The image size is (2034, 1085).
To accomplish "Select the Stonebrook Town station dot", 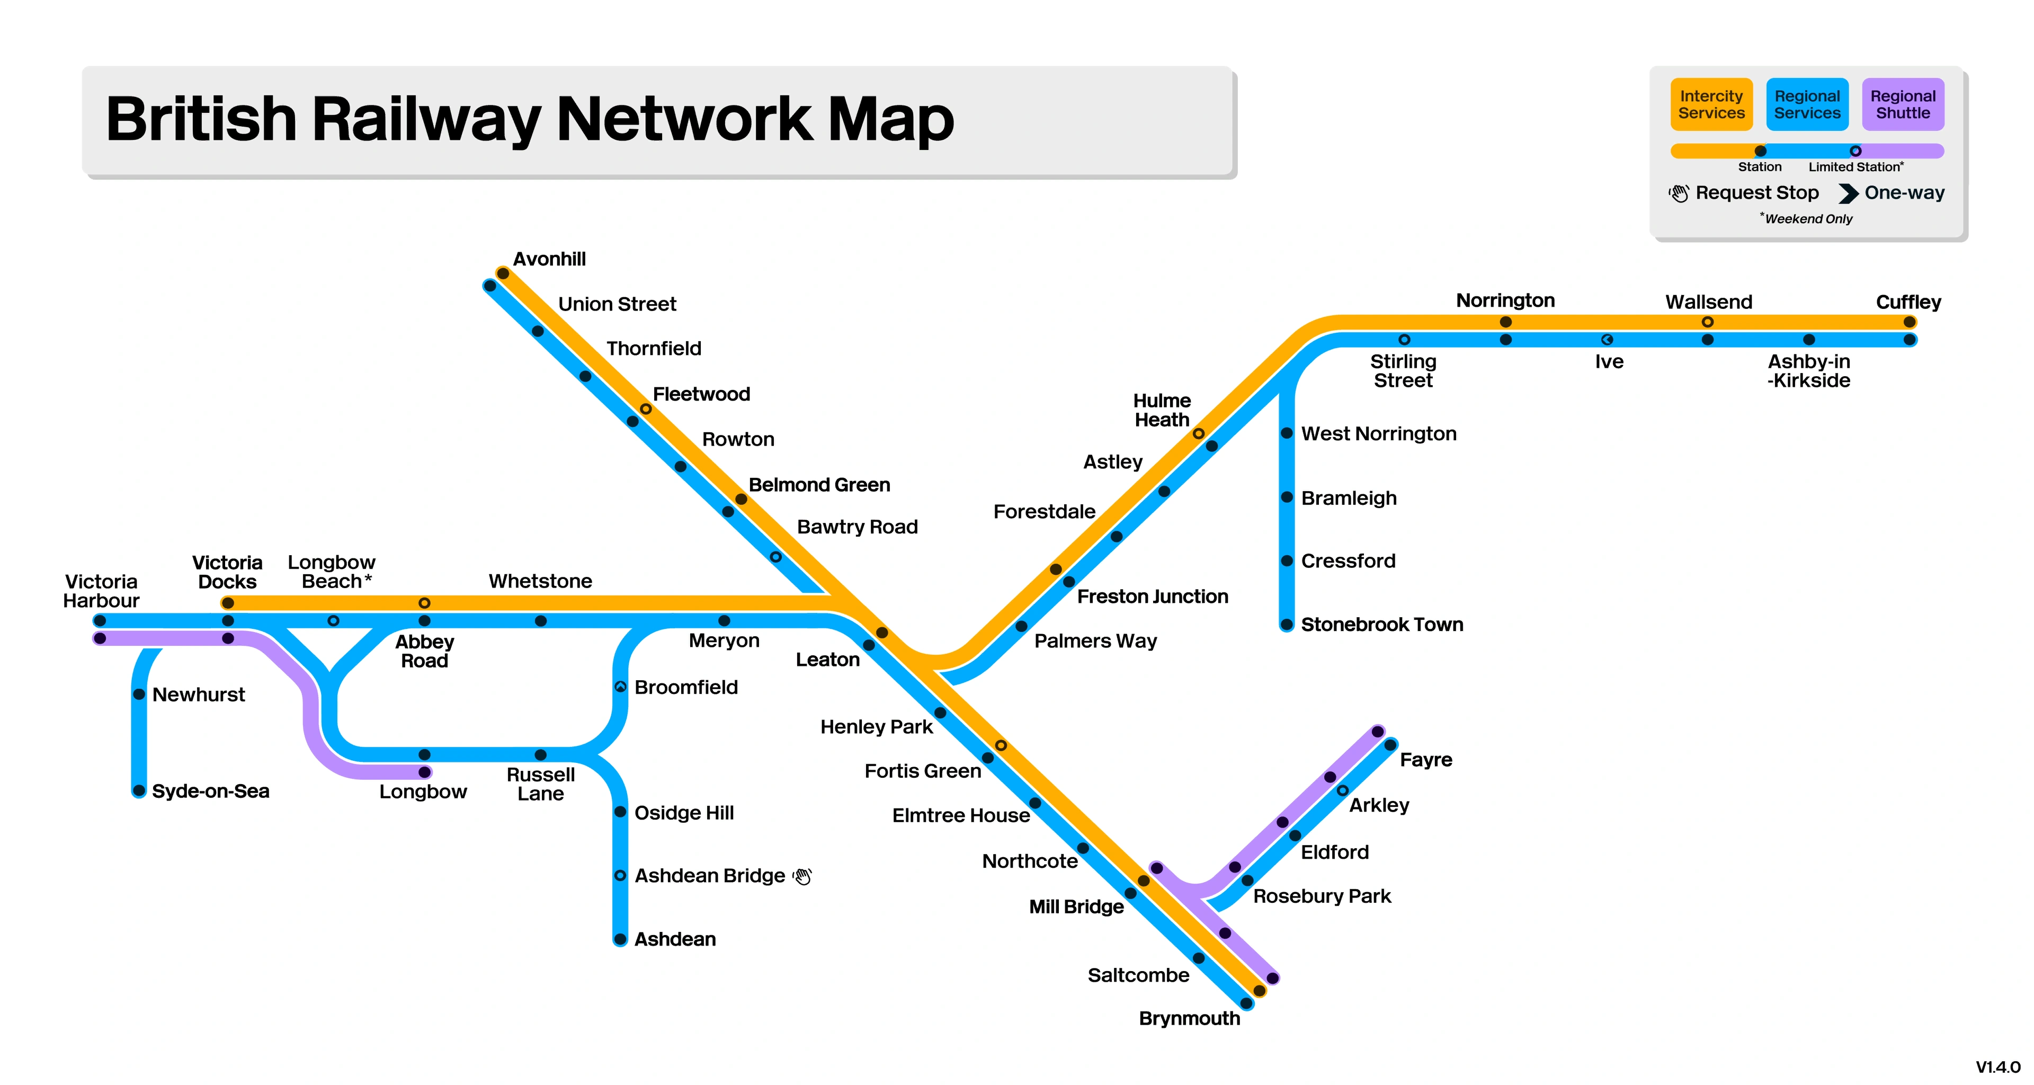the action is point(1286,625).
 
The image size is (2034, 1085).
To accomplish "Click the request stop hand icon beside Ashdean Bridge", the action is point(802,876).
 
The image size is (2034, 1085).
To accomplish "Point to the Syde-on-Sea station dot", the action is point(139,790).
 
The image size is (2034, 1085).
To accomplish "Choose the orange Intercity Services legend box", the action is point(1711,104).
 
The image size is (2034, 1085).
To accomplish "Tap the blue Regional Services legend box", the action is point(1807,104).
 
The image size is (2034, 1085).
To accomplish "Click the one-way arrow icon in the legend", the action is point(1848,193).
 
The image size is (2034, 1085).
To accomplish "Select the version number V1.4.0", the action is point(1997,1068).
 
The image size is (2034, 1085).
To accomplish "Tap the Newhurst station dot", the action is point(139,694).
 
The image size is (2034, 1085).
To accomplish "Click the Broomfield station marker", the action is point(621,687).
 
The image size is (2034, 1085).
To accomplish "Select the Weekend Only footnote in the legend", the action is point(1807,219).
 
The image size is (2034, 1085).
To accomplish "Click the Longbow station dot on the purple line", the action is point(425,772).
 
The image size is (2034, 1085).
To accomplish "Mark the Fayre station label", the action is point(1425,760).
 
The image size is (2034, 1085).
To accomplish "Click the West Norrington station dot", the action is point(1286,433).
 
